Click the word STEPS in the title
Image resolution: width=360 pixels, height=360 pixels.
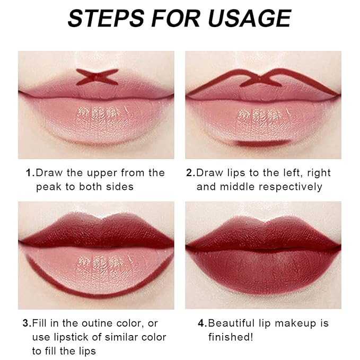click(106, 19)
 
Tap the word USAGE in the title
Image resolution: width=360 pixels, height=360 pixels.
click(250, 19)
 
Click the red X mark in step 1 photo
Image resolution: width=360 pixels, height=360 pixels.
click(97, 77)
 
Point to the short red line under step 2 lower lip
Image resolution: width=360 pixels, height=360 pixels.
click(264, 143)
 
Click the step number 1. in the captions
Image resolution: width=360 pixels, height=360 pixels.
click(30, 173)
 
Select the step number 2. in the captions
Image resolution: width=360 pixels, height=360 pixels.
click(190, 173)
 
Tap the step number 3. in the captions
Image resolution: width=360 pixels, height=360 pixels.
click(27, 323)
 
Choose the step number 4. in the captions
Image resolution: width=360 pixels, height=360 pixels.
click(203, 323)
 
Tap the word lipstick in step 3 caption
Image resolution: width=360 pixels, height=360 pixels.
click(71, 338)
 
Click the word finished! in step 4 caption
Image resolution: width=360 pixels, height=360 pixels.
click(231, 337)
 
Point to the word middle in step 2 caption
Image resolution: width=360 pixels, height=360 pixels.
click(237, 187)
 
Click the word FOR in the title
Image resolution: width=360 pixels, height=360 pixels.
click(176, 19)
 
